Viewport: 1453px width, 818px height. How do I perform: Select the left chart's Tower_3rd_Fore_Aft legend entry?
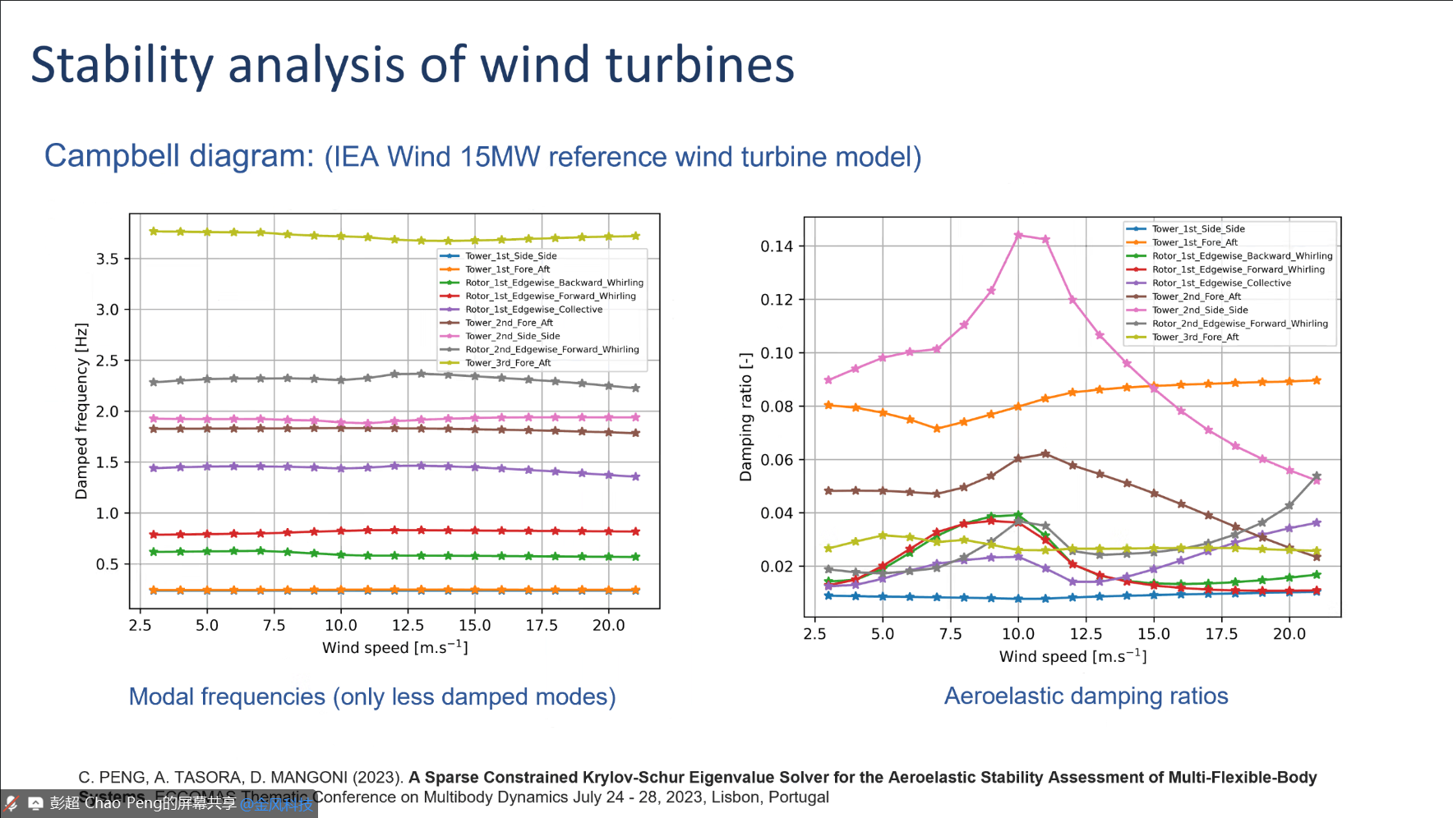(508, 363)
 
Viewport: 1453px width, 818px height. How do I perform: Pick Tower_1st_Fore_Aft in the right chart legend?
(1194, 242)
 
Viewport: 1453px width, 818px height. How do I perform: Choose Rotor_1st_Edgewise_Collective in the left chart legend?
(533, 310)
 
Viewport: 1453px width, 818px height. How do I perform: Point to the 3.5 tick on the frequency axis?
(108, 259)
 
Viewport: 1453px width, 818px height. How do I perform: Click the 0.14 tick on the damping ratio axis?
(777, 246)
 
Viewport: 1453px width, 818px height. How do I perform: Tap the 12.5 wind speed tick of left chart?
(408, 626)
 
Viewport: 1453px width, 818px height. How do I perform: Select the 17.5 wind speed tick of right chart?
(1221, 634)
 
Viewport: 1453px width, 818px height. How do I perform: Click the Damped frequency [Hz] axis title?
(81, 411)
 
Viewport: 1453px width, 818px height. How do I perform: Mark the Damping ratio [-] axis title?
(746, 416)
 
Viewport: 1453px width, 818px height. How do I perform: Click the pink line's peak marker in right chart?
(1018, 235)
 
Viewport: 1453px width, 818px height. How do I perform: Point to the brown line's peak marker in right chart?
(1045, 453)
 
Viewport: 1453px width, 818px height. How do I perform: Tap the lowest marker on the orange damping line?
(937, 429)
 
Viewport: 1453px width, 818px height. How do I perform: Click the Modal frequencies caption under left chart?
(372, 696)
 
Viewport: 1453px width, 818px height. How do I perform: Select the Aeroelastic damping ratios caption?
(1086, 696)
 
